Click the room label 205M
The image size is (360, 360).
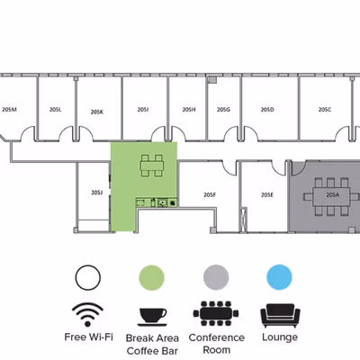9,110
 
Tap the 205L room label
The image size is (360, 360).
56,110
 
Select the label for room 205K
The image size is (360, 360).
97,112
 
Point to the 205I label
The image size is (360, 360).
143,110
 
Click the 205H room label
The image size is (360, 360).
189,110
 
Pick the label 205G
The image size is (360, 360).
223,110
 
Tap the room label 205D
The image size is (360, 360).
267,110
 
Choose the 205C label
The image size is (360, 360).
325,110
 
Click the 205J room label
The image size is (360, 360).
97,193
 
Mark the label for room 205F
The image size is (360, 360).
210,195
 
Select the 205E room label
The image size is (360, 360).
267,195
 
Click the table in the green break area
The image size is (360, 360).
152,166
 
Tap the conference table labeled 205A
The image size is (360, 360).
331,196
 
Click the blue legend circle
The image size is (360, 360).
279,277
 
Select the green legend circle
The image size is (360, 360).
152,278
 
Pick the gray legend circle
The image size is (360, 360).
216,277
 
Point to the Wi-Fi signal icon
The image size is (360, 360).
87,314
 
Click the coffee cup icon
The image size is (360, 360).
152,317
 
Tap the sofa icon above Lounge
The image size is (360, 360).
280,316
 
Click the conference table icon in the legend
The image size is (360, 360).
216,314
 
